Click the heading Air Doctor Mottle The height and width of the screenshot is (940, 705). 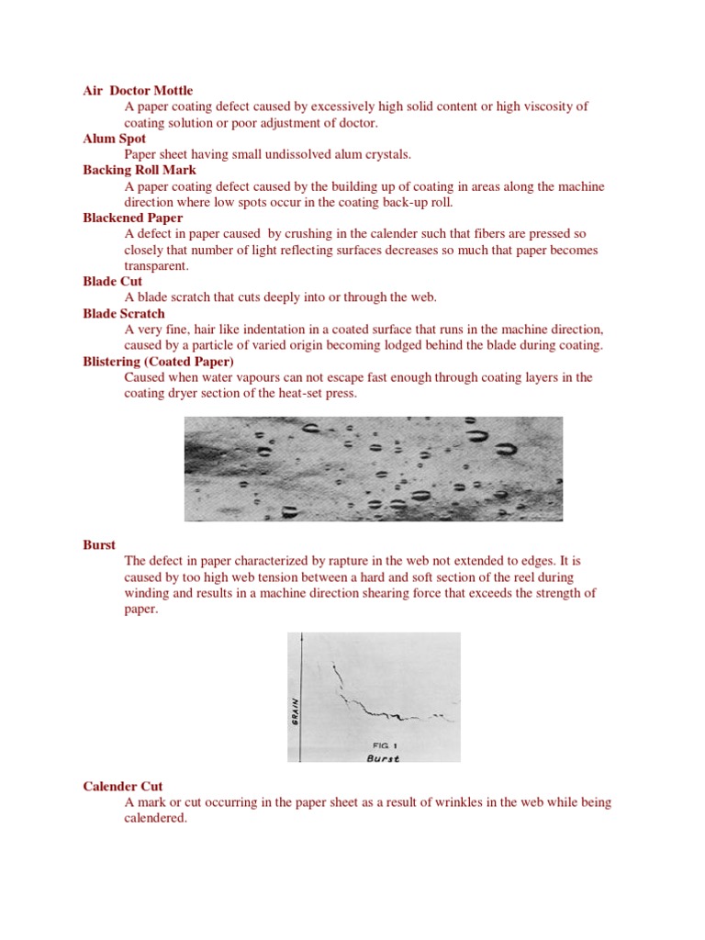[138, 91]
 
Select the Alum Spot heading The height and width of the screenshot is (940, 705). [115, 139]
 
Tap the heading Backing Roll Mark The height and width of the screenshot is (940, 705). [140, 170]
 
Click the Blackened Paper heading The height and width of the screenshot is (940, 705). [132, 218]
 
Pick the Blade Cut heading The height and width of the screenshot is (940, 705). [112, 281]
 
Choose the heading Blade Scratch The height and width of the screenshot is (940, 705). [124, 313]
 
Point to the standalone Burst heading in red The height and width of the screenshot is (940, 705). [99, 544]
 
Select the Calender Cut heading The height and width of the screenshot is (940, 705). [123, 787]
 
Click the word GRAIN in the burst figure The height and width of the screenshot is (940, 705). [295, 709]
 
